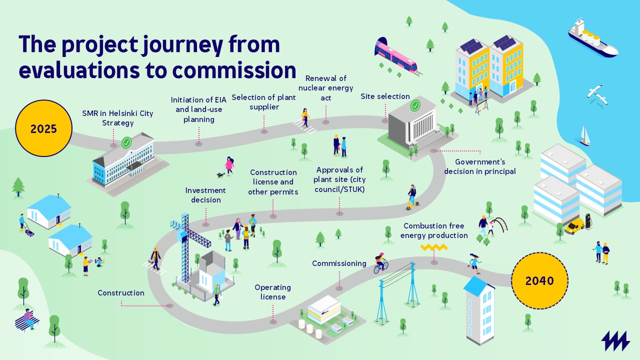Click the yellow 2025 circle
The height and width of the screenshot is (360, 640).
click(x=43, y=128)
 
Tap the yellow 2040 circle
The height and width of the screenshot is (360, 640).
click(x=539, y=281)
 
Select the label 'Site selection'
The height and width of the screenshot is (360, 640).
click(x=385, y=96)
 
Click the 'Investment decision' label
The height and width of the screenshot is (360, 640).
click(x=205, y=195)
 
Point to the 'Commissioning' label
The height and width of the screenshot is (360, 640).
click(x=339, y=263)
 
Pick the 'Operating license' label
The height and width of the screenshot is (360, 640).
click(x=273, y=292)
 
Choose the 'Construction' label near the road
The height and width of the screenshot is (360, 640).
click(x=121, y=293)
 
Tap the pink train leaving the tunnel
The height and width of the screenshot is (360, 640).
click(x=397, y=56)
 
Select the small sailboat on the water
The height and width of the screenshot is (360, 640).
click(x=584, y=136)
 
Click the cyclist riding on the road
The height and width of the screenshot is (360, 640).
click(x=380, y=263)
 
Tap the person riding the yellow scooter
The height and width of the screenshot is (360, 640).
click(x=412, y=197)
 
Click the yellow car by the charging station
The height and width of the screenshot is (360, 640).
click(x=574, y=226)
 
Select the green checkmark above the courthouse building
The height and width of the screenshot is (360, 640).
click(x=415, y=106)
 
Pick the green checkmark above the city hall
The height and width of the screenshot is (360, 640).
click(x=127, y=142)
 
